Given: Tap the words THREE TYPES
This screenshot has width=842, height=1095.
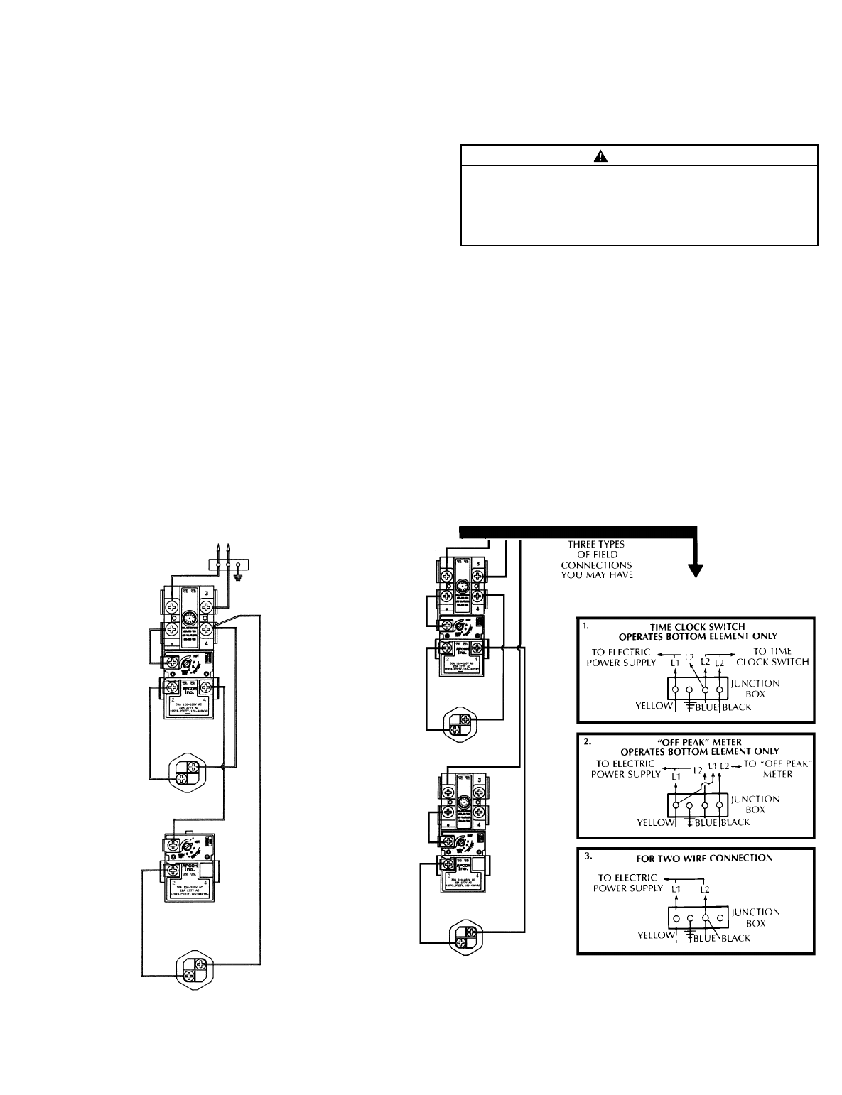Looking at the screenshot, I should pyautogui.click(x=595, y=545).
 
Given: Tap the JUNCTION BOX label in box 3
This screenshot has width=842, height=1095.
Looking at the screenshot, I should pyautogui.click(x=755, y=917).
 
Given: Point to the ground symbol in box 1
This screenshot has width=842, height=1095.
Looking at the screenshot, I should pyautogui.click(x=689, y=706).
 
